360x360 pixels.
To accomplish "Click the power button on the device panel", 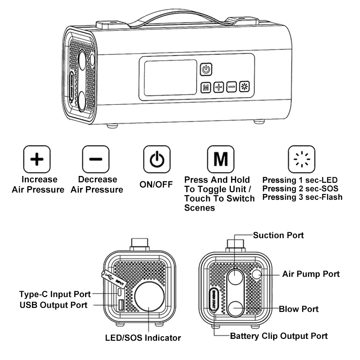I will (x=206, y=69).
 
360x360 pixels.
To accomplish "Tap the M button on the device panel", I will (x=206, y=87).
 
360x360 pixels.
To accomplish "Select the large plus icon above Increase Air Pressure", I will (x=37, y=159).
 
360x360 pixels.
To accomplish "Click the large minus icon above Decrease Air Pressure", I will (x=96, y=159).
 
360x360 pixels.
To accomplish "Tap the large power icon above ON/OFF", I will (x=157, y=159).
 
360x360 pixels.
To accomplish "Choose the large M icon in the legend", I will (x=220, y=159).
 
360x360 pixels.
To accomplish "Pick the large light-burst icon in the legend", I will (x=301, y=159).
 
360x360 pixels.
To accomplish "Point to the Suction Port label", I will (x=278, y=235).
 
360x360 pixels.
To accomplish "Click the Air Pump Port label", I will (x=310, y=274).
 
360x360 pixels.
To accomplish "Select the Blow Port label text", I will (x=298, y=309).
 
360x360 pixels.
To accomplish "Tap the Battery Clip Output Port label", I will (x=279, y=336).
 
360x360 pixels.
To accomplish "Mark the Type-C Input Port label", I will (x=55, y=294).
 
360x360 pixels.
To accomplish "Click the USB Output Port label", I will (x=53, y=306).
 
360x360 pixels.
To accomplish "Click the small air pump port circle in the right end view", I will (x=257, y=274).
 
